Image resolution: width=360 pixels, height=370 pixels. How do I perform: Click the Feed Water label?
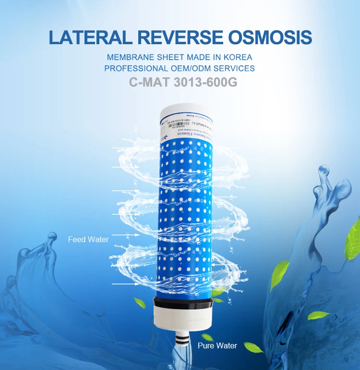point(88,239)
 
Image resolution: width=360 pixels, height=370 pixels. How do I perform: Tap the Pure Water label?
point(217,345)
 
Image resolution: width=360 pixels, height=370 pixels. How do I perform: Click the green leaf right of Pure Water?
point(252,346)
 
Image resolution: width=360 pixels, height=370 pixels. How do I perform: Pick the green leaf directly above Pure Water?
point(207,337)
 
